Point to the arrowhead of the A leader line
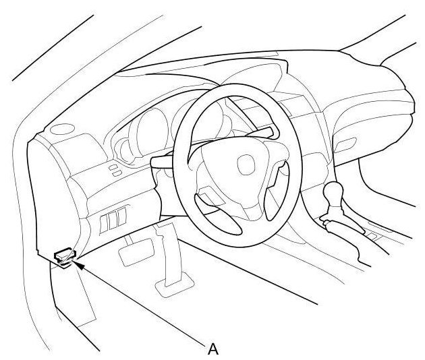click(x=77, y=265)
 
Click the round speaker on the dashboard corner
click(x=63, y=129)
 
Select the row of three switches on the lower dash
click(x=113, y=220)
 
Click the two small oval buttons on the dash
click(x=116, y=170)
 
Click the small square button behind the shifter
click(x=371, y=236)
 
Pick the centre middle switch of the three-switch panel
click(x=113, y=220)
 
